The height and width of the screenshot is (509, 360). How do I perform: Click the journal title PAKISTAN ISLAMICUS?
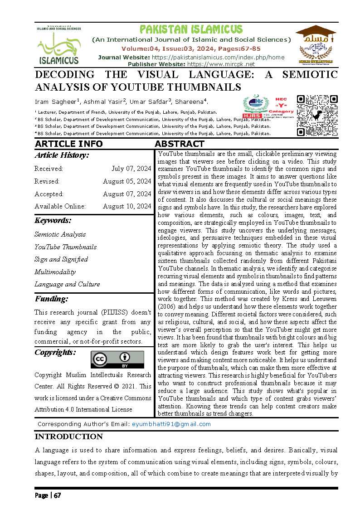point(191,30)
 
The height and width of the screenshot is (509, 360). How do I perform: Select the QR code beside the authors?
point(317,116)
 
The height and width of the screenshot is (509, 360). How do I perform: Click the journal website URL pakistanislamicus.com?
point(218,57)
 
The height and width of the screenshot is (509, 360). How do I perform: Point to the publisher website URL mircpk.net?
point(222,64)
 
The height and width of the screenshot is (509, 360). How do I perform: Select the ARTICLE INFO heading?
point(68,144)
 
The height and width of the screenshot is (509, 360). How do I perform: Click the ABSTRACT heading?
point(179,144)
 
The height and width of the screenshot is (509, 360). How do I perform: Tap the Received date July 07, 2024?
point(131,169)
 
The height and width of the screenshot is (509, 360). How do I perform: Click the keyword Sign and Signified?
point(61,259)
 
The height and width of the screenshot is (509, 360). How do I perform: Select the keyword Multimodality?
point(55,272)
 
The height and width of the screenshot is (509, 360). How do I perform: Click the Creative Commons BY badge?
point(117,359)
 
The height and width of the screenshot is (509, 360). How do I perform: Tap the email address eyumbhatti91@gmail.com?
point(171,424)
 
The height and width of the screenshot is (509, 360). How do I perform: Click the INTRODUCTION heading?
point(69,436)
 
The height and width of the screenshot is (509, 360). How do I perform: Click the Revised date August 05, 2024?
point(127,181)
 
